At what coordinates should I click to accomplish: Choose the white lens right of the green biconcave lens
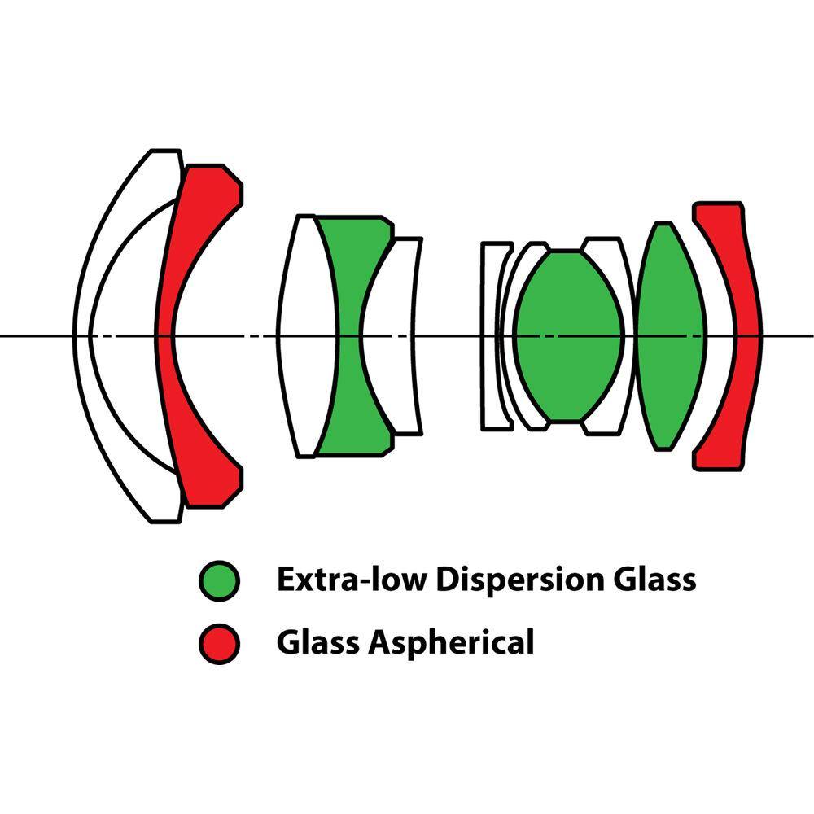click(x=403, y=269)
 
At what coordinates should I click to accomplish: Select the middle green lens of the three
click(x=569, y=335)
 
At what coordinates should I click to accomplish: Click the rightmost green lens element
click(x=670, y=335)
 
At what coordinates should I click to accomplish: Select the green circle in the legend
click(x=219, y=580)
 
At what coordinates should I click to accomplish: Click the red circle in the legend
click(x=219, y=643)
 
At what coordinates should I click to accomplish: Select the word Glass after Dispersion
click(x=656, y=580)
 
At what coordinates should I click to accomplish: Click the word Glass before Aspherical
click(x=318, y=642)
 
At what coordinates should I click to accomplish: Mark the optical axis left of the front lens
click(x=37, y=335)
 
